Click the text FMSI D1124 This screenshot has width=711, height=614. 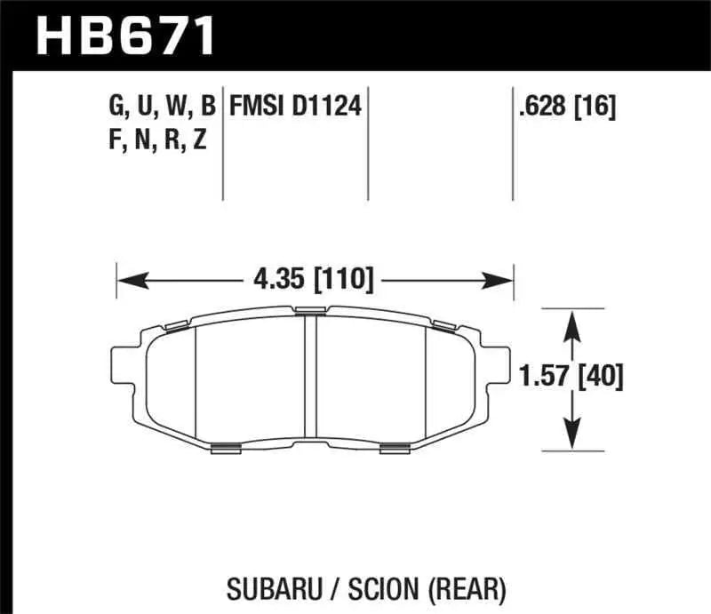(294, 108)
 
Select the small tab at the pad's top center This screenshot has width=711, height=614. (310, 310)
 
